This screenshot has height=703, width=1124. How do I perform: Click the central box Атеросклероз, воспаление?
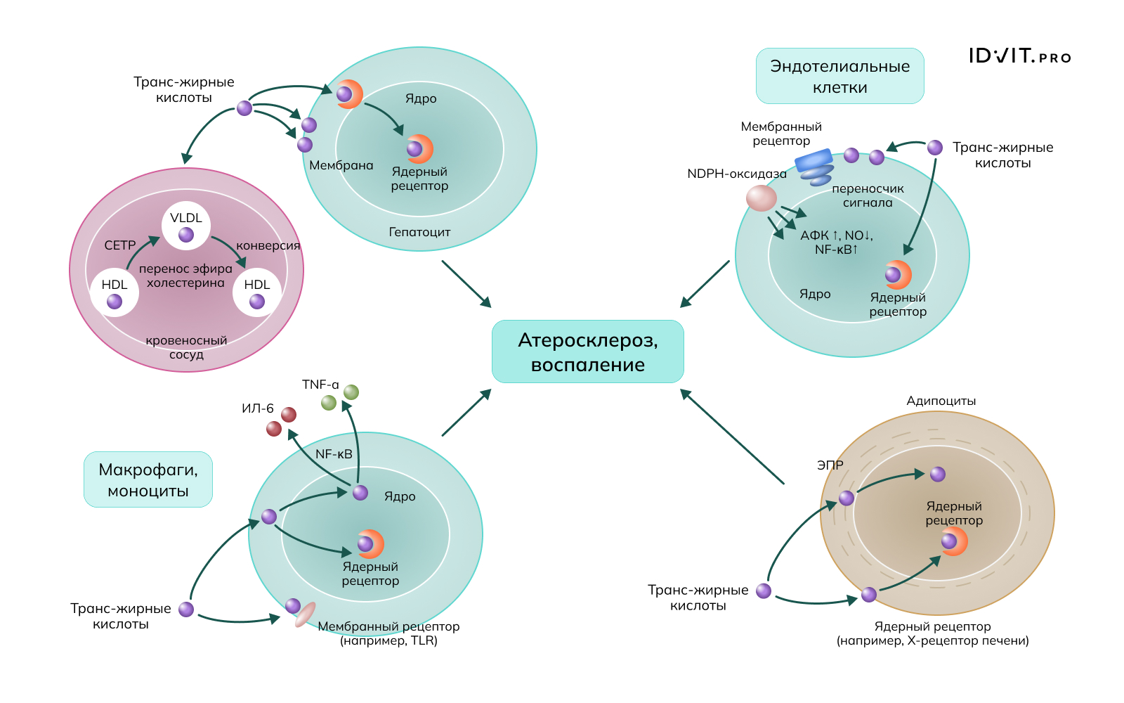coord(587,351)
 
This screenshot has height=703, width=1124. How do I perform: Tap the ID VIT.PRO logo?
coord(1019,56)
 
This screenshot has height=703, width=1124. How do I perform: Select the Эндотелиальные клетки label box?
coord(839,76)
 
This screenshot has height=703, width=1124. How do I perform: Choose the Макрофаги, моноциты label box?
coord(148,479)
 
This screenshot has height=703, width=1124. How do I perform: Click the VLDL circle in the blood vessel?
coord(186,225)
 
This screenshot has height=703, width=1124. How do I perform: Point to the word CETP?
coord(120,245)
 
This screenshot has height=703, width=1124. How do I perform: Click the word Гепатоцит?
coord(419,232)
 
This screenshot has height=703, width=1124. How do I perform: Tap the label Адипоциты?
coord(941,401)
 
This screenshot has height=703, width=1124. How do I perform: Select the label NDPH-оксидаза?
coord(736,174)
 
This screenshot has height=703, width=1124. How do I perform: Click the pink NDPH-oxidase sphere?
coord(762,198)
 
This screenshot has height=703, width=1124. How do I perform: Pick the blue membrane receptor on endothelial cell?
coord(813,160)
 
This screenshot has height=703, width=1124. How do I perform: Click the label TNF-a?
coord(320,385)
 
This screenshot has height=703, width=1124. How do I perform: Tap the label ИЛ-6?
coord(257,408)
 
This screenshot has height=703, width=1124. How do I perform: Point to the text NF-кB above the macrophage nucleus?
coord(334,454)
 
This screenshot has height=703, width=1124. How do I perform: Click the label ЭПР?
coord(830,465)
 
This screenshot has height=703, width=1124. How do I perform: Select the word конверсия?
coord(268,245)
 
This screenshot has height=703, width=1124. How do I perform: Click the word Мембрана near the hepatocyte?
coord(341,165)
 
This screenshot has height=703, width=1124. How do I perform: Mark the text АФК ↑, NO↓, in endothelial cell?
coord(836,236)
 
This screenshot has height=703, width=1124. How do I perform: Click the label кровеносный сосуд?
coord(186,347)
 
